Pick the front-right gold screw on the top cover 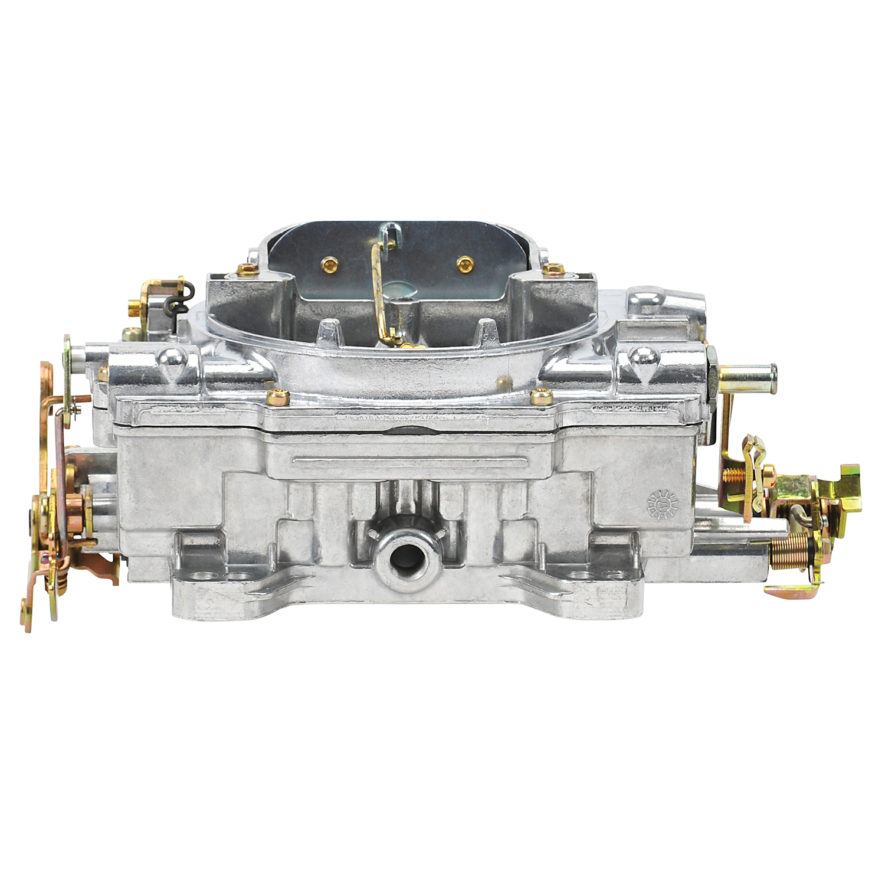pyautogui.click(x=541, y=396)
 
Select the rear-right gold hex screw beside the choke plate pyautogui.click(x=553, y=269)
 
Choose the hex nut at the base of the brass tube pyautogui.click(x=712, y=371)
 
